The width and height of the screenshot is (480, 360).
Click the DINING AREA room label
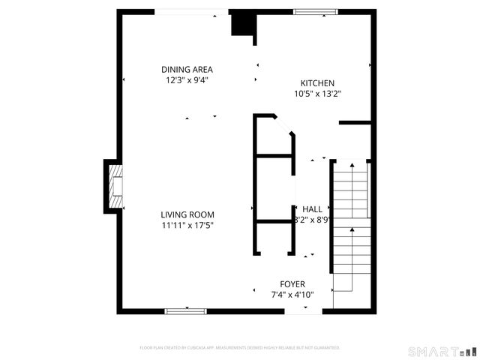(186, 69)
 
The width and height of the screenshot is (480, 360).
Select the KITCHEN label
(317, 83)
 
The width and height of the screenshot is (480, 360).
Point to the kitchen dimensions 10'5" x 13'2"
(317, 94)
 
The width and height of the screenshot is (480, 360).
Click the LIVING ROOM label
(187, 214)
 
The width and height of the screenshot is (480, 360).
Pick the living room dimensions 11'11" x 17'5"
(187, 224)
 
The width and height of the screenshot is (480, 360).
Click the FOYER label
(292, 283)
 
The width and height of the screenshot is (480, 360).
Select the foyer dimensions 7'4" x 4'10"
(292, 295)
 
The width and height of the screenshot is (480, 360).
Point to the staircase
(351, 225)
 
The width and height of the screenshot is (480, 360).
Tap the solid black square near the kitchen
(242, 24)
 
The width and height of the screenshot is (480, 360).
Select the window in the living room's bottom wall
(185, 310)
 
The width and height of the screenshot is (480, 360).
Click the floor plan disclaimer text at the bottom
(240, 348)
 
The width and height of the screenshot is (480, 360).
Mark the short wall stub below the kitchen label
(355, 121)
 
